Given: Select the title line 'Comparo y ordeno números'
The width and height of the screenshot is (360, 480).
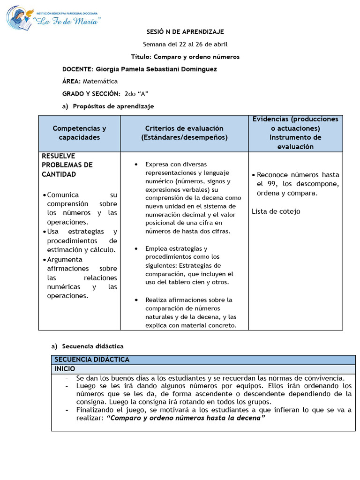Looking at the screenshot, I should [185, 57].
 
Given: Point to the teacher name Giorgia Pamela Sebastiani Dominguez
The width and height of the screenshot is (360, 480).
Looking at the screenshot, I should [156, 69].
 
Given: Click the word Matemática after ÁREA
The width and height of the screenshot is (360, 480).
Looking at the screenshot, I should [100, 81].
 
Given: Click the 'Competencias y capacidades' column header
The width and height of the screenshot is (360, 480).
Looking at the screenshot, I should [79, 133].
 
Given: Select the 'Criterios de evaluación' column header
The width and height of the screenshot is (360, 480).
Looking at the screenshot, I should [184, 133].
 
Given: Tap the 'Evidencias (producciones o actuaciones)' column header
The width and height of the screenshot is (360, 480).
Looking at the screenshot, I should [295, 124].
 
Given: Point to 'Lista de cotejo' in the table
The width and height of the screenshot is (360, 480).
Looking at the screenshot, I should [276, 211].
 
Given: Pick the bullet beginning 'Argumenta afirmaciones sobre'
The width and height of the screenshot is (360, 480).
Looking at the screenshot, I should [82, 277].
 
